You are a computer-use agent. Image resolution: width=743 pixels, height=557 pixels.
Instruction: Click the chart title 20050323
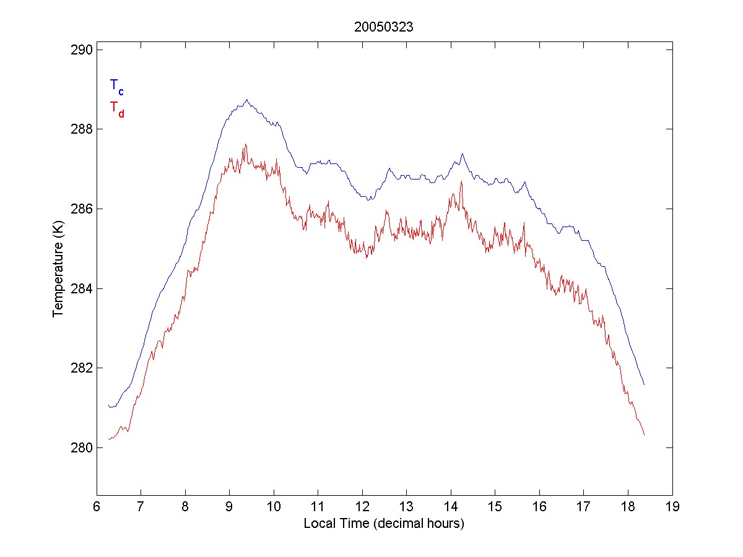[383, 27]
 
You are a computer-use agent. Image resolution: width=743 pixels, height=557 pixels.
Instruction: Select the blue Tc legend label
[116, 87]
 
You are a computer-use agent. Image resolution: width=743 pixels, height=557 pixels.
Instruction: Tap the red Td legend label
[116, 108]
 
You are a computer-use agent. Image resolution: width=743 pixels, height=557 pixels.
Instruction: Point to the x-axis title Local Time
[383, 524]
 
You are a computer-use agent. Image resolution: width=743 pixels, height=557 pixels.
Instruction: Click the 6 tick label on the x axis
[97, 507]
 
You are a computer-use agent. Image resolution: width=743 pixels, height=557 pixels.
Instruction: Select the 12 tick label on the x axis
[362, 507]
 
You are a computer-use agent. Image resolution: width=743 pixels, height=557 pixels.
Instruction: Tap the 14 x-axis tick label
[451, 507]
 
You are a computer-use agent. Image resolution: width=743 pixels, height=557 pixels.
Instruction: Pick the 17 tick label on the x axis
[584, 507]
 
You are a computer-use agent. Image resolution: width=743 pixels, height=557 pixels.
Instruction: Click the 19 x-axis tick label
[672, 507]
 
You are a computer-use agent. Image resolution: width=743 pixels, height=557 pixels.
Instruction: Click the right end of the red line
[645, 434]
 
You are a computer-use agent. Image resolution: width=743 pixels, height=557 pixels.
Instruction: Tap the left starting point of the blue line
[108, 405]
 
